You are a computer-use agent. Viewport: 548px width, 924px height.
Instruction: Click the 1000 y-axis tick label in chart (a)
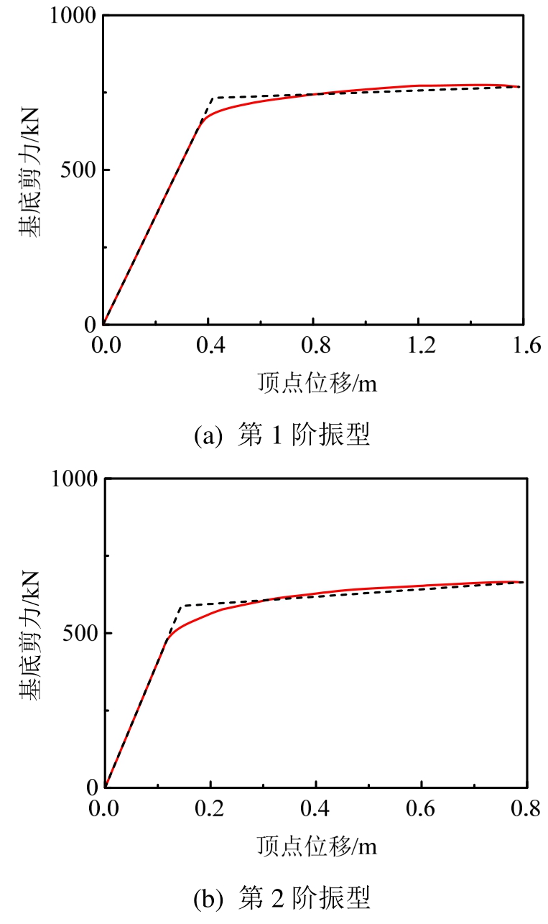tap(74, 17)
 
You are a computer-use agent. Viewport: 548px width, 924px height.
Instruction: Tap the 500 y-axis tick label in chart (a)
tap(80, 170)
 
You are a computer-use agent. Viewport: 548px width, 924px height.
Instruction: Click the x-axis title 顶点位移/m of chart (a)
tap(317, 383)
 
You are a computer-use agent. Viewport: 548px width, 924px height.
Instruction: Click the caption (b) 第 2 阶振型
tap(282, 898)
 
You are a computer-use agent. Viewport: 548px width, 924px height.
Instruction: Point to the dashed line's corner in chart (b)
tap(182, 606)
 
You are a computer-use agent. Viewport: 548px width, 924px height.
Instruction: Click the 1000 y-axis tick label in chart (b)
tap(74, 479)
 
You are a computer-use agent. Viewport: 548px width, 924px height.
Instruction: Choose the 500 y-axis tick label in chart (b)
tap(80, 633)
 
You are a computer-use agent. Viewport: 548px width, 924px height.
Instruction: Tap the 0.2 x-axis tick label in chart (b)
tap(210, 810)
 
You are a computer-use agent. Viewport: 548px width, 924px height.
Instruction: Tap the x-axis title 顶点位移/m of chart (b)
tap(317, 846)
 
